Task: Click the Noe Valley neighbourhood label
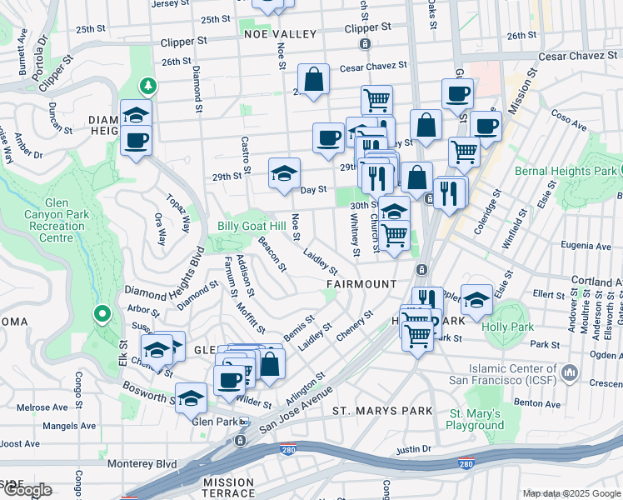[x=281, y=34]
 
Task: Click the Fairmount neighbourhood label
[x=361, y=284]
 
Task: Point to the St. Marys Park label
[x=382, y=411]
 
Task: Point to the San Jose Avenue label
[x=297, y=409]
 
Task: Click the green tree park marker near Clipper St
[x=149, y=86]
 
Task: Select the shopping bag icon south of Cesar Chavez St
[x=313, y=81]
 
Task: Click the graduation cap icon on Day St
[x=284, y=174]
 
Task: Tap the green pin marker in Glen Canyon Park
[x=102, y=314]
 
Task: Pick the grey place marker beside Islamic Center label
[x=571, y=371]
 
